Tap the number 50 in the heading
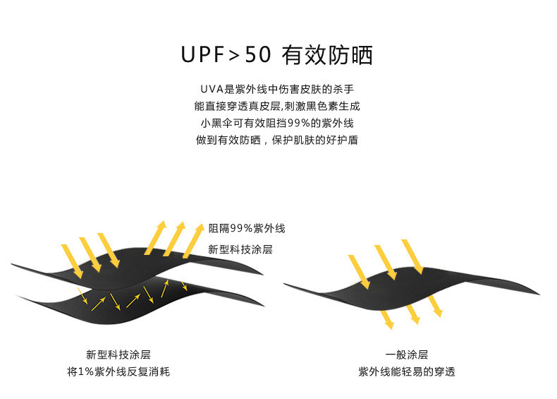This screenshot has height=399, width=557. pyautogui.click(x=257, y=55)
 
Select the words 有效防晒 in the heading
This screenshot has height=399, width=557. pyautogui.click(x=326, y=55)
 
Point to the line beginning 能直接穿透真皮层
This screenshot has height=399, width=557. pyautogui.click(x=278, y=106)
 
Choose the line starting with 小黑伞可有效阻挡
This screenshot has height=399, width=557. pyautogui.click(x=278, y=123)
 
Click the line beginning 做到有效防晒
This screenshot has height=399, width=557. pyautogui.click(x=278, y=140)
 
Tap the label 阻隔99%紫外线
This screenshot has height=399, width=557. pyautogui.click(x=246, y=228)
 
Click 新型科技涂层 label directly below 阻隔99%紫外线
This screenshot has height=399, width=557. pyautogui.click(x=240, y=249)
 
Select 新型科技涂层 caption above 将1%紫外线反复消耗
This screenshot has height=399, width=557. pyautogui.click(x=118, y=355)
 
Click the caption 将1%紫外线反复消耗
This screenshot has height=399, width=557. pyautogui.click(x=118, y=371)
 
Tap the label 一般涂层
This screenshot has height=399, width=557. pyautogui.click(x=406, y=355)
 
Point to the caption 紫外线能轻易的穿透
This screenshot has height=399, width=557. pyautogui.click(x=406, y=371)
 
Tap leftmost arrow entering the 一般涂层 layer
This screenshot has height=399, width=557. pyautogui.click(x=360, y=272)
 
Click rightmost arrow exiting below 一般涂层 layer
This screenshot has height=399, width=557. pyautogui.click(x=435, y=305)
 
